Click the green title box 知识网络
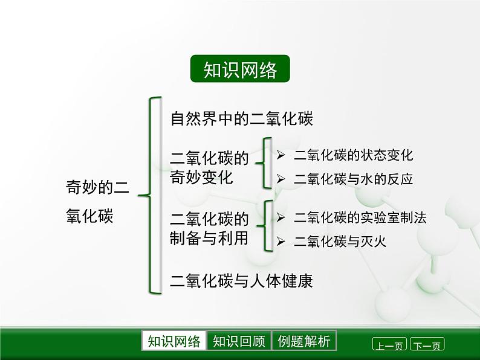point(240,69)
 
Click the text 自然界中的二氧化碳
point(241,118)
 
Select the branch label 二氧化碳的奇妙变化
point(209,168)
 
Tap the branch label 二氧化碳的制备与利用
point(209,228)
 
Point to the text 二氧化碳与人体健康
point(241,281)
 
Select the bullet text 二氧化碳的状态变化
point(353,155)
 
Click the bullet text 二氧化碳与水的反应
point(353,179)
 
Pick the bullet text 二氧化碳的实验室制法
point(360,218)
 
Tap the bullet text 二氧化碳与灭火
point(340,242)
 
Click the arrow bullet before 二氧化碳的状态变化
point(281,155)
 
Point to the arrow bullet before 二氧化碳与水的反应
point(281,179)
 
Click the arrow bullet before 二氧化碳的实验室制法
point(281,218)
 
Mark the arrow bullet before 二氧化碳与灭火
point(281,242)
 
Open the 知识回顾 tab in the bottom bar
point(239,341)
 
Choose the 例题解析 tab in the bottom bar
point(304,341)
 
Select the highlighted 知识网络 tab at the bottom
point(174,341)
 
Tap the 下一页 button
point(427,346)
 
